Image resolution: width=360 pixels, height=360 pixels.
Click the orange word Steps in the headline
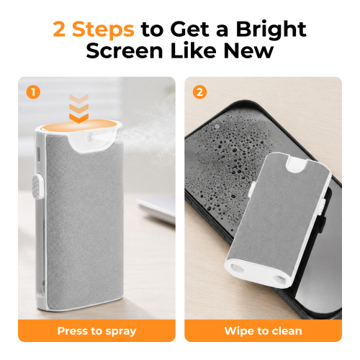click(103, 29)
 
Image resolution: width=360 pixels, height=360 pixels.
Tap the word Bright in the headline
click(271, 30)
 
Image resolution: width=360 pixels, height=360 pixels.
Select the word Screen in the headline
click(125, 50)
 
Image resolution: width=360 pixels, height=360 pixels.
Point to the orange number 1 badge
click(33, 92)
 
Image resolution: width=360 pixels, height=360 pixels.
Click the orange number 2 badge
click(199, 92)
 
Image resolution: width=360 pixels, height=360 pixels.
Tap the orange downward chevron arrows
click(79, 109)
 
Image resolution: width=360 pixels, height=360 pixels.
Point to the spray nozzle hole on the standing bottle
click(91, 137)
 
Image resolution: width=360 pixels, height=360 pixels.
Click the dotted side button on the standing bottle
click(37, 186)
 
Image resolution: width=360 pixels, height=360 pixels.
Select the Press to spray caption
click(96, 331)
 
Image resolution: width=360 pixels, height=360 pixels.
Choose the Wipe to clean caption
click(264, 331)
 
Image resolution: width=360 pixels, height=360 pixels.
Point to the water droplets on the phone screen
click(228, 163)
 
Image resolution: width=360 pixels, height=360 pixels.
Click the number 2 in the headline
click(59, 29)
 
